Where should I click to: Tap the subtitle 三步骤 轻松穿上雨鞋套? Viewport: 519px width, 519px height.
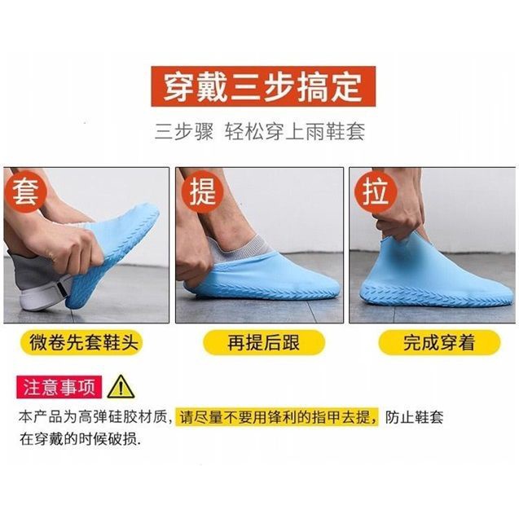coord(258,130)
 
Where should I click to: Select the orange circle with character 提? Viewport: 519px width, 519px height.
coord(201,193)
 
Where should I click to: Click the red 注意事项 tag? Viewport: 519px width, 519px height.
coord(59,385)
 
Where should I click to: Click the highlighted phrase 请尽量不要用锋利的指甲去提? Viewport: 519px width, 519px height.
coord(279,416)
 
